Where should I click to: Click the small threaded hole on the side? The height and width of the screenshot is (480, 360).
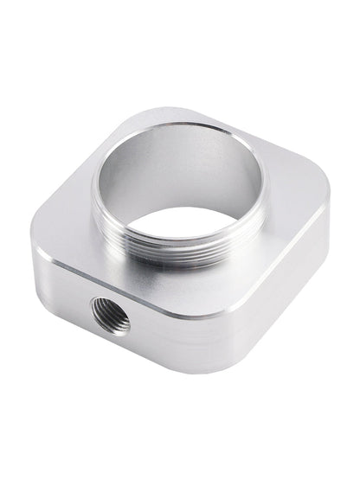pos(110,316)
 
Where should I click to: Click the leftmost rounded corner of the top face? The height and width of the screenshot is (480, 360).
pos(42,245)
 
